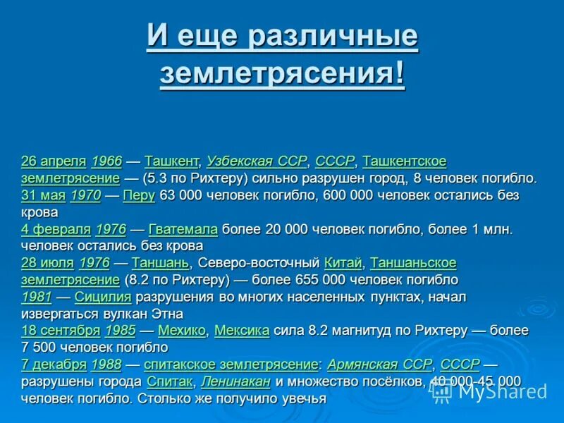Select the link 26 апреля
[x=54, y=161]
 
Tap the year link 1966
[x=106, y=161]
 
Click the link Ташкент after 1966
[x=172, y=161]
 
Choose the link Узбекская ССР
[x=257, y=161]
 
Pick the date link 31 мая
[x=43, y=195]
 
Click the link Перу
[x=138, y=195]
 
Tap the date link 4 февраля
[x=56, y=229]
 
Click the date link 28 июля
[x=47, y=263]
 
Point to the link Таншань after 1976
[x=160, y=263]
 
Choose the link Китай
[x=343, y=263]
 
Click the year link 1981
[x=36, y=297]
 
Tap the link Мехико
[x=182, y=331]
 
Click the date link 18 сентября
[x=61, y=331]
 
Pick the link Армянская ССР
[x=379, y=364]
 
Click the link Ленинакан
[x=235, y=381]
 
